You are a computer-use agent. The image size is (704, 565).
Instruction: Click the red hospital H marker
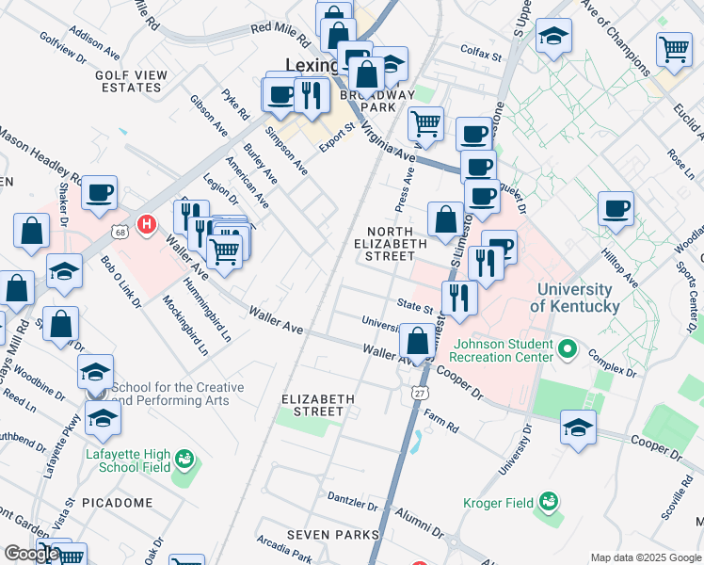(147, 225)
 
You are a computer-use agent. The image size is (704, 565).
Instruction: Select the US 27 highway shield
(414, 391)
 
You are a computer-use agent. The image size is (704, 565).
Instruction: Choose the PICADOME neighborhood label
(117, 503)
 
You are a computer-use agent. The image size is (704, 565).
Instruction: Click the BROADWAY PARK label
(381, 102)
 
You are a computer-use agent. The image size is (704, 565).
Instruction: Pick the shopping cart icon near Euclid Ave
(674, 48)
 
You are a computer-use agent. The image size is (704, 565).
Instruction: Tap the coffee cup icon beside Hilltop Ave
(616, 208)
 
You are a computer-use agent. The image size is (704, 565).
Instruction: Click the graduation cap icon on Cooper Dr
(578, 428)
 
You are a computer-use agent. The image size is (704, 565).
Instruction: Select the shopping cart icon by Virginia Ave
(425, 122)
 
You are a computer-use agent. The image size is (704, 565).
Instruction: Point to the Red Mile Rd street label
(280, 36)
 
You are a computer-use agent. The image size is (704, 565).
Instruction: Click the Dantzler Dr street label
(352, 497)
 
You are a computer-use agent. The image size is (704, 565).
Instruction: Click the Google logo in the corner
(31, 554)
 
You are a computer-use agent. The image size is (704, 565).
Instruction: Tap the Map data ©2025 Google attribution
(646, 557)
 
